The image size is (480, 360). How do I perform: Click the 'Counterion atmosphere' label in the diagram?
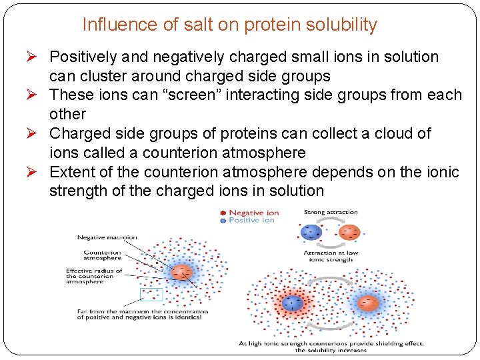click(103, 256)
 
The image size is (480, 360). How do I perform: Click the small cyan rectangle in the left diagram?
click(151, 294)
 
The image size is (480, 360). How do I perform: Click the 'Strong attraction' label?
click(331, 212)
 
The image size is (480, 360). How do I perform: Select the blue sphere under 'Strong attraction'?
click(311, 233)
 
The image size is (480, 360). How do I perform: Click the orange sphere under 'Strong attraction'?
click(350, 233)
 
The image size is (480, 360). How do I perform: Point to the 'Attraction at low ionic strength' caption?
click(331, 257)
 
